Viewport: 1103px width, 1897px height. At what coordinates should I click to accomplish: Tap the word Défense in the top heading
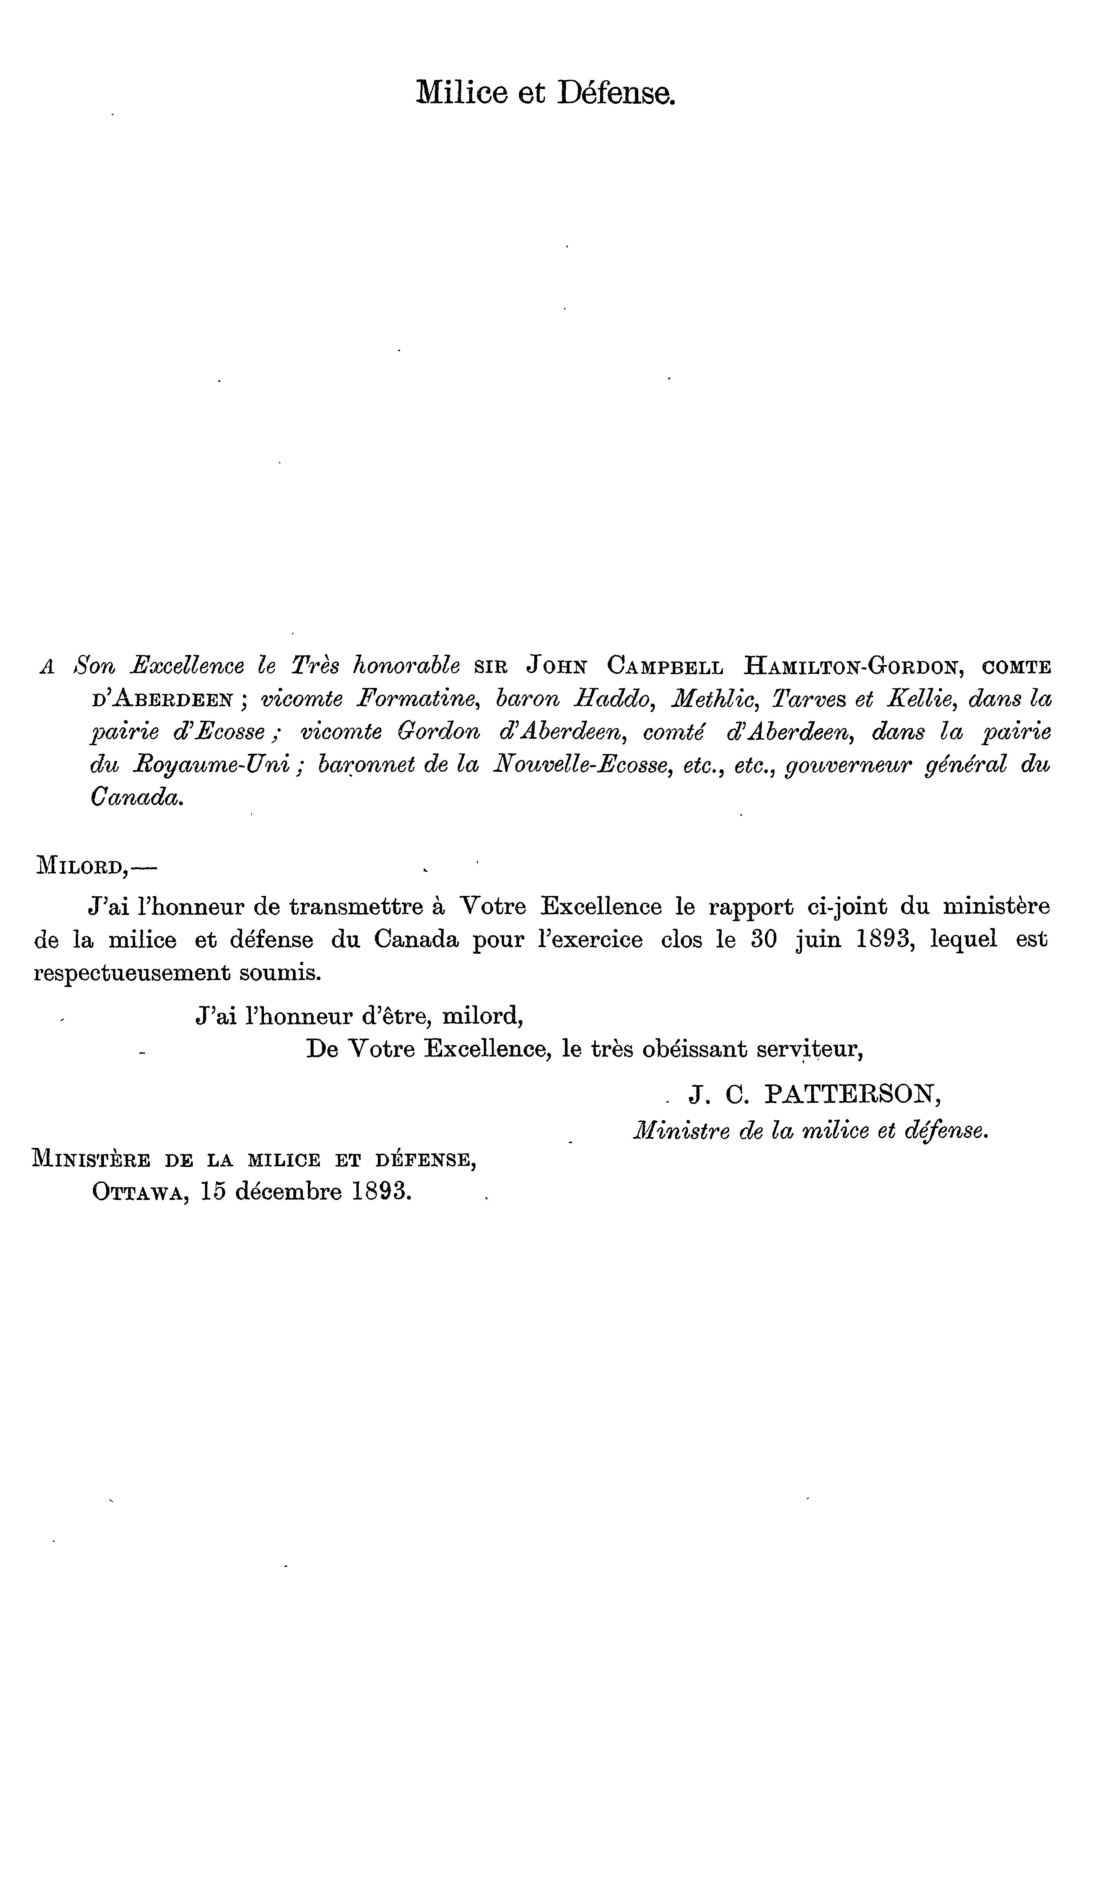(x=615, y=93)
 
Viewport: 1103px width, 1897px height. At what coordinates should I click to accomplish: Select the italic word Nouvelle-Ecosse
(x=582, y=765)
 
